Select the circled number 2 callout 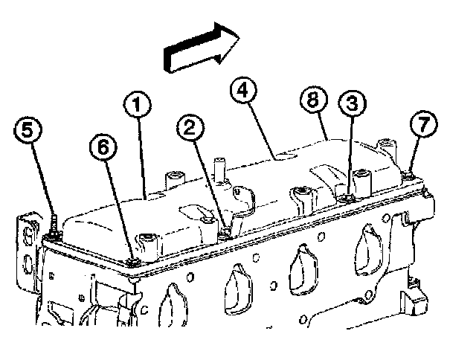pos(190,129)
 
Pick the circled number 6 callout pos(103,148)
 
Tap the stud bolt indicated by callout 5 pos(55,227)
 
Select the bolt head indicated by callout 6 pos(134,261)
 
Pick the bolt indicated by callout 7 pos(410,176)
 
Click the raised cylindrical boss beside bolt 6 pos(148,242)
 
